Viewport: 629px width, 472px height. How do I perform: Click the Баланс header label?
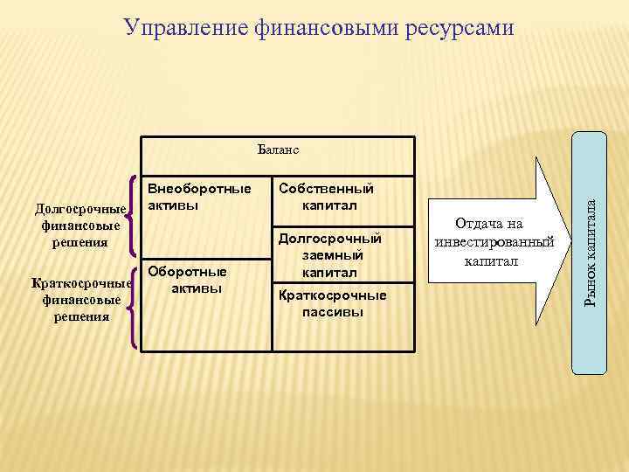tap(279, 149)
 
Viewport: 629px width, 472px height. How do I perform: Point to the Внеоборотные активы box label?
tap(198, 197)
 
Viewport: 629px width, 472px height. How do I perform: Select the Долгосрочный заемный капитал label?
tap(329, 255)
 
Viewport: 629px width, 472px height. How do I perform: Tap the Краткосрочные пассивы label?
tap(331, 303)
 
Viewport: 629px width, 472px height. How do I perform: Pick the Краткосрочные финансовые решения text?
tap(79, 299)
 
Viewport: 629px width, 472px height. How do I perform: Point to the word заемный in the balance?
tap(329, 255)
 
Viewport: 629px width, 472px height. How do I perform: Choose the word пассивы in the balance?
tap(331, 312)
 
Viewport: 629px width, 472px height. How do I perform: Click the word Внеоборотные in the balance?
tap(198, 189)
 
